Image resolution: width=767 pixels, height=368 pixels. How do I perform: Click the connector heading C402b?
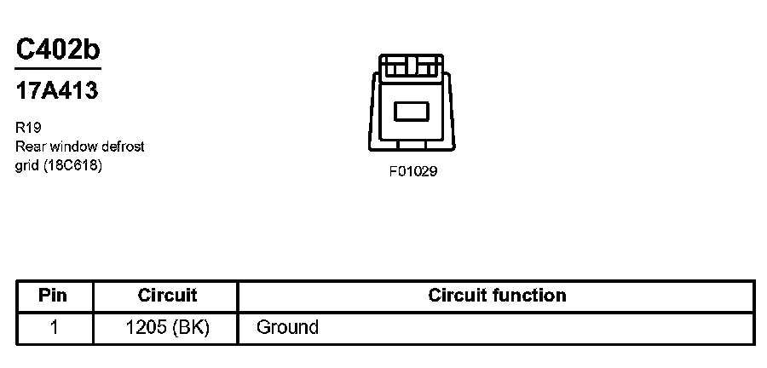pyautogui.click(x=58, y=49)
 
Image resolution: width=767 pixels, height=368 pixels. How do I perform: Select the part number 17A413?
pyautogui.click(x=57, y=91)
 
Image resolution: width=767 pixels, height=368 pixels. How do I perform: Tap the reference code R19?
pyautogui.click(x=27, y=128)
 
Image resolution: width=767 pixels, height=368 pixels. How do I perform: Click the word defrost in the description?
pyautogui.click(x=122, y=147)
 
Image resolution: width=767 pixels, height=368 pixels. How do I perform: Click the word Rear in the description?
pyautogui.click(x=28, y=147)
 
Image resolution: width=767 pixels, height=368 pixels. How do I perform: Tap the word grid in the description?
pyautogui.click(x=26, y=165)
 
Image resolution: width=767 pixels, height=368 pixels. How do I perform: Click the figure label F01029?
pyautogui.click(x=413, y=171)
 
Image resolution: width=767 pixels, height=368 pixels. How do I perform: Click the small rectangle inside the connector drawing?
pyautogui.click(x=412, y=112)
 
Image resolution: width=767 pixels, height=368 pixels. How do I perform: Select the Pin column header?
pyautogui.click(x=55, y=296)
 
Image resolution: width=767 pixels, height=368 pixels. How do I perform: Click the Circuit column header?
pyautogui.click(x=167, y=296)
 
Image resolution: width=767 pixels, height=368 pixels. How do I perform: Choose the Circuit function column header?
pyautogui.click(x=497, y=296)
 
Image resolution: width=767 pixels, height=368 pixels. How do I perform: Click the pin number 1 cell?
pyautogui.click(x=55, y=327)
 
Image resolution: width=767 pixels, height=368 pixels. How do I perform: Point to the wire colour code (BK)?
pyautogui.click(x=191, y=327)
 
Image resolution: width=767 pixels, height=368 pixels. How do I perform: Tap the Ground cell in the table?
pyautogui.click(x=287, y=327)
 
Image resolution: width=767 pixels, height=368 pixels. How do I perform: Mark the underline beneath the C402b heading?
pyautogui.click(x=58, y=68)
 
